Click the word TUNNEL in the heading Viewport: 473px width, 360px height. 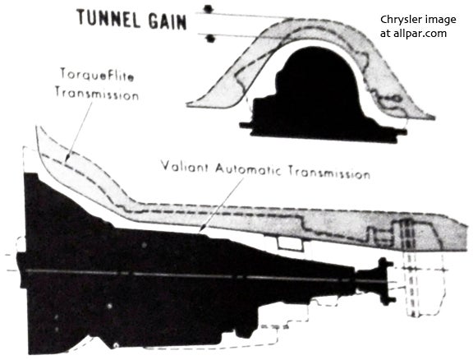(108, 19)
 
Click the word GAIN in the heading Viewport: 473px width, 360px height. (168, 21)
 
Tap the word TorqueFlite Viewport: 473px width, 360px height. (97, 74)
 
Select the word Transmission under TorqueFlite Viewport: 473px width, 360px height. (97, 94)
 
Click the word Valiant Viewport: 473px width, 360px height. (184, 167)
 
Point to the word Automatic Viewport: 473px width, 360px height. (248, 169)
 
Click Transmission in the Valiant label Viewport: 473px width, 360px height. (329, 173)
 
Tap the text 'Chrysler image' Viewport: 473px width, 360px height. (418, 20)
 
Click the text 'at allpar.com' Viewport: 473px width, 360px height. (413, 33)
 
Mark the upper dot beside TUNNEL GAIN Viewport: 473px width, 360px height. (208, 9)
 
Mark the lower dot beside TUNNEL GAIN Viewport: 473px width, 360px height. (211, 39)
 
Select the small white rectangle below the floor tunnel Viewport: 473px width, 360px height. (290, 244)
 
